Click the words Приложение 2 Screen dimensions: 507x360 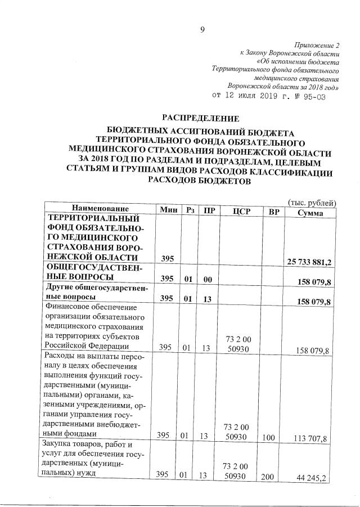pos(317,44)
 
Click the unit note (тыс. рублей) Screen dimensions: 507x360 pos(312,201)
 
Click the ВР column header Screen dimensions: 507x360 pos(274,212)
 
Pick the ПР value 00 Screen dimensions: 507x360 pos(208,279)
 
